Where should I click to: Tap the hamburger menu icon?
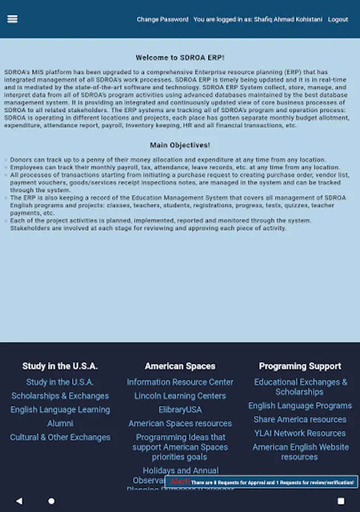[12, 19]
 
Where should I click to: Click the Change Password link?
[162, 19]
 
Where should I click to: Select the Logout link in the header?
[338, 19]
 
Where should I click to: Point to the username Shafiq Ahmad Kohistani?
[288, 19]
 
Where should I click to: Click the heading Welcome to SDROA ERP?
[180, 58]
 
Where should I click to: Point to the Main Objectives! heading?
[180, 146]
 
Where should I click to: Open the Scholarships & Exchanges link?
[60, 396]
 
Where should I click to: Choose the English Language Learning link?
[60, 410]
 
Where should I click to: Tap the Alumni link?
[60, 423]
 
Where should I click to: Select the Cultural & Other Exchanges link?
[60, 437]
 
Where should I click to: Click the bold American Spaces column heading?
[180, 366]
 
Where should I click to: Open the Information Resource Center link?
[180, 382]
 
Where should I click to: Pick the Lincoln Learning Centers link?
[180, 396]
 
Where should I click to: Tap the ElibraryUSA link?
[180, 410]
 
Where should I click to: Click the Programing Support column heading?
[300, 366]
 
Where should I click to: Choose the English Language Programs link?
[300, 406]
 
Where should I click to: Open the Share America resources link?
[300, 419]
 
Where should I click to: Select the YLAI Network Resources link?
[300, 433]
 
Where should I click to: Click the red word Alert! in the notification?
[179, 482]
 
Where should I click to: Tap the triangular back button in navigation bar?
[19, 501]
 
